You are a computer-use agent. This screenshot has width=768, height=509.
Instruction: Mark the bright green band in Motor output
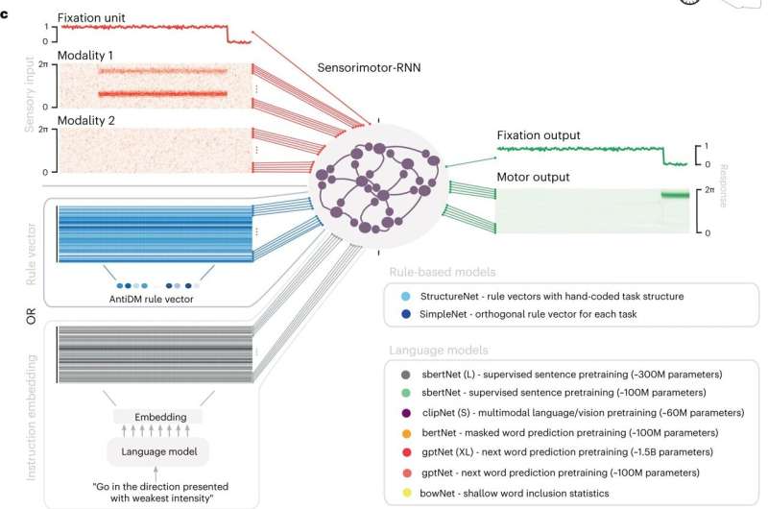pos(677,195)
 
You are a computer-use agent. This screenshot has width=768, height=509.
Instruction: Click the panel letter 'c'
pos(6,7)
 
